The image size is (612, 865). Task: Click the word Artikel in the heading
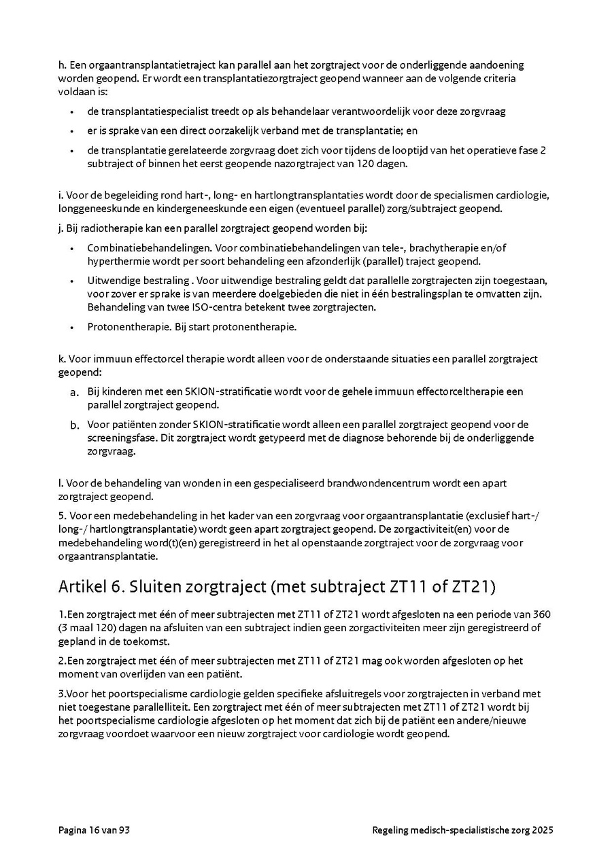point(82,586)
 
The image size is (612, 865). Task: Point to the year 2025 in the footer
point(543,830)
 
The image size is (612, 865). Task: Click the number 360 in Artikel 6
point(541,614)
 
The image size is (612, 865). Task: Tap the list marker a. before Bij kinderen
point(74,392)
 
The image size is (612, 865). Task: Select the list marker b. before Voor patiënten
point(74,425)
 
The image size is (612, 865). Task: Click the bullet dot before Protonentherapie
point(71,327)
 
